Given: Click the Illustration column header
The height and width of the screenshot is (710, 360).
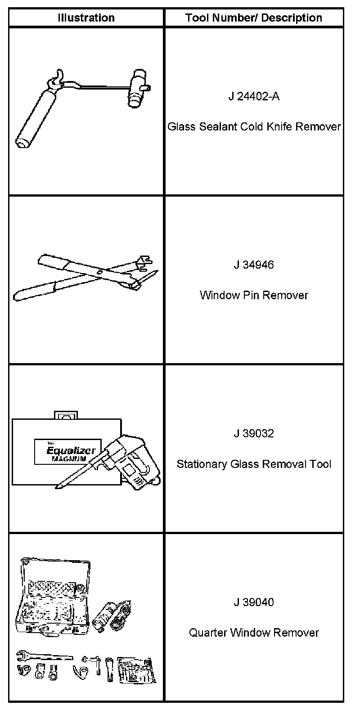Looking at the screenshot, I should [86, 18].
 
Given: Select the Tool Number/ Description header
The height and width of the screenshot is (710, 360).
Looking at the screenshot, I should [254, 18].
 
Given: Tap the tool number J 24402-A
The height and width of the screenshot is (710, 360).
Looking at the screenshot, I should [254, 96].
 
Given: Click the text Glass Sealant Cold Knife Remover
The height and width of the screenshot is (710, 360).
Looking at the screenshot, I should [254, 127].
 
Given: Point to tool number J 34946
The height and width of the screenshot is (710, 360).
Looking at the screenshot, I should [254, 265].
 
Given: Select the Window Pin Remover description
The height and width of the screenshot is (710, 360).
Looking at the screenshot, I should [254, 295].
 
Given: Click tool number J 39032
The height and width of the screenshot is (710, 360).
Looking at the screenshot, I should [254, 433].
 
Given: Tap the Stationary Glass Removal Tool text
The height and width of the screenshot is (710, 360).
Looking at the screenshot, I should [254, 464].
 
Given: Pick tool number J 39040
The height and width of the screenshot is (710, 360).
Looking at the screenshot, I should [254, 602].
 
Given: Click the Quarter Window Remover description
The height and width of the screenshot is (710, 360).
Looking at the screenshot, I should [254, 633].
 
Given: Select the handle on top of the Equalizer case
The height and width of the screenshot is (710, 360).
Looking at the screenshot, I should [66, 415].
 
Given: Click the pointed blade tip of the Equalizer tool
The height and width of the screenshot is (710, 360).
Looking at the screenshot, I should [58, 487].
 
